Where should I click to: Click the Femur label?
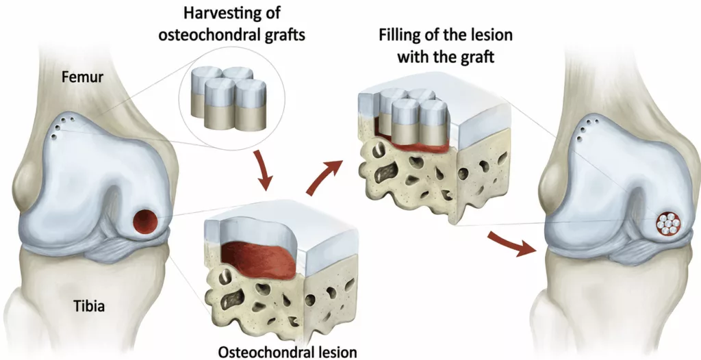coord(83,77)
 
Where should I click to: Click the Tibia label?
coord(90,307)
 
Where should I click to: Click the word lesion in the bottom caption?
coord(335,352)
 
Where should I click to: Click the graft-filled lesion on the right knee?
coord(668,222)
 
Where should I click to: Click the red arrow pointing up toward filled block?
coord(325,178)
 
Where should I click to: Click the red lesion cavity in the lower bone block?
coord(258,259)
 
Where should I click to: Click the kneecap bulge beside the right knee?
coord(550,183)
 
